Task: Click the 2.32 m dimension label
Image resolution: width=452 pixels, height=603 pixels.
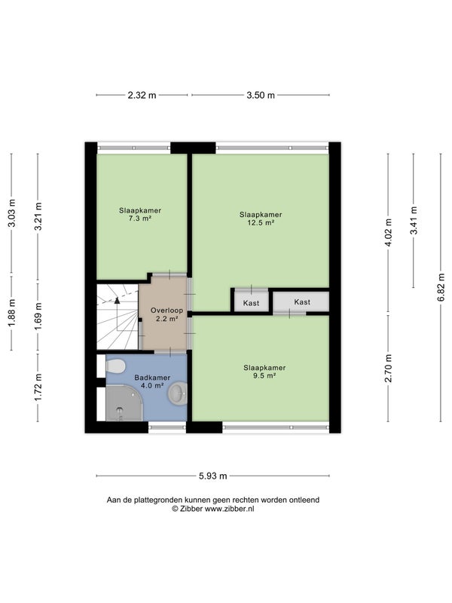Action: click(142, 95)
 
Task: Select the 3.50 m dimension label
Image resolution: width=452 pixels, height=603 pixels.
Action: click(261, 95)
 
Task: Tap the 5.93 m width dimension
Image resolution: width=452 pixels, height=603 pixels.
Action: click(213, 476)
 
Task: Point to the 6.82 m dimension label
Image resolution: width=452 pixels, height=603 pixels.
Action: click(441, 288)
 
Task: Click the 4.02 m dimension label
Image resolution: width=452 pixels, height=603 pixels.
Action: click(388, 233)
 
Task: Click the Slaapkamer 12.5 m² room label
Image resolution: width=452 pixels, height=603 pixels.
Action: click(261, 219)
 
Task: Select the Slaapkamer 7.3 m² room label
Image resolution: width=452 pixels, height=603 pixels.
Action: click(140, 215)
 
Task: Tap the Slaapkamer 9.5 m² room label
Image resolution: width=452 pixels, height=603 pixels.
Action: click(264, 372)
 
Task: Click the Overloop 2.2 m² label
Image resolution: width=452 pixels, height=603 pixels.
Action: click(166, 314)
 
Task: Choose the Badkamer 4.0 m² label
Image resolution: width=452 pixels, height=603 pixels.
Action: click(152, 381)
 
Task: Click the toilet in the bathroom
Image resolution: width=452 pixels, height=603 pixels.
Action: click(115, 366)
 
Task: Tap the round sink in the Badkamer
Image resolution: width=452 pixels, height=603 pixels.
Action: click(177, 393)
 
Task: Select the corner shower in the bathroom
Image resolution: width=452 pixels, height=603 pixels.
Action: click(124, 404)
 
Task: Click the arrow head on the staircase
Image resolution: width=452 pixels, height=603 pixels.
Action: click(118, 300)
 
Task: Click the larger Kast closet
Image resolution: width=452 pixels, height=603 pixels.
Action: click(301, 302)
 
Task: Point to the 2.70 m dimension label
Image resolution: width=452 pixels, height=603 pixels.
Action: click(388, 369)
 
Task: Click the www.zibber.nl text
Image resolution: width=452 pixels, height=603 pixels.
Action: click(230, 509)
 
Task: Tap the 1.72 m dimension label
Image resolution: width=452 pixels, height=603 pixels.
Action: click(38, 387)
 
